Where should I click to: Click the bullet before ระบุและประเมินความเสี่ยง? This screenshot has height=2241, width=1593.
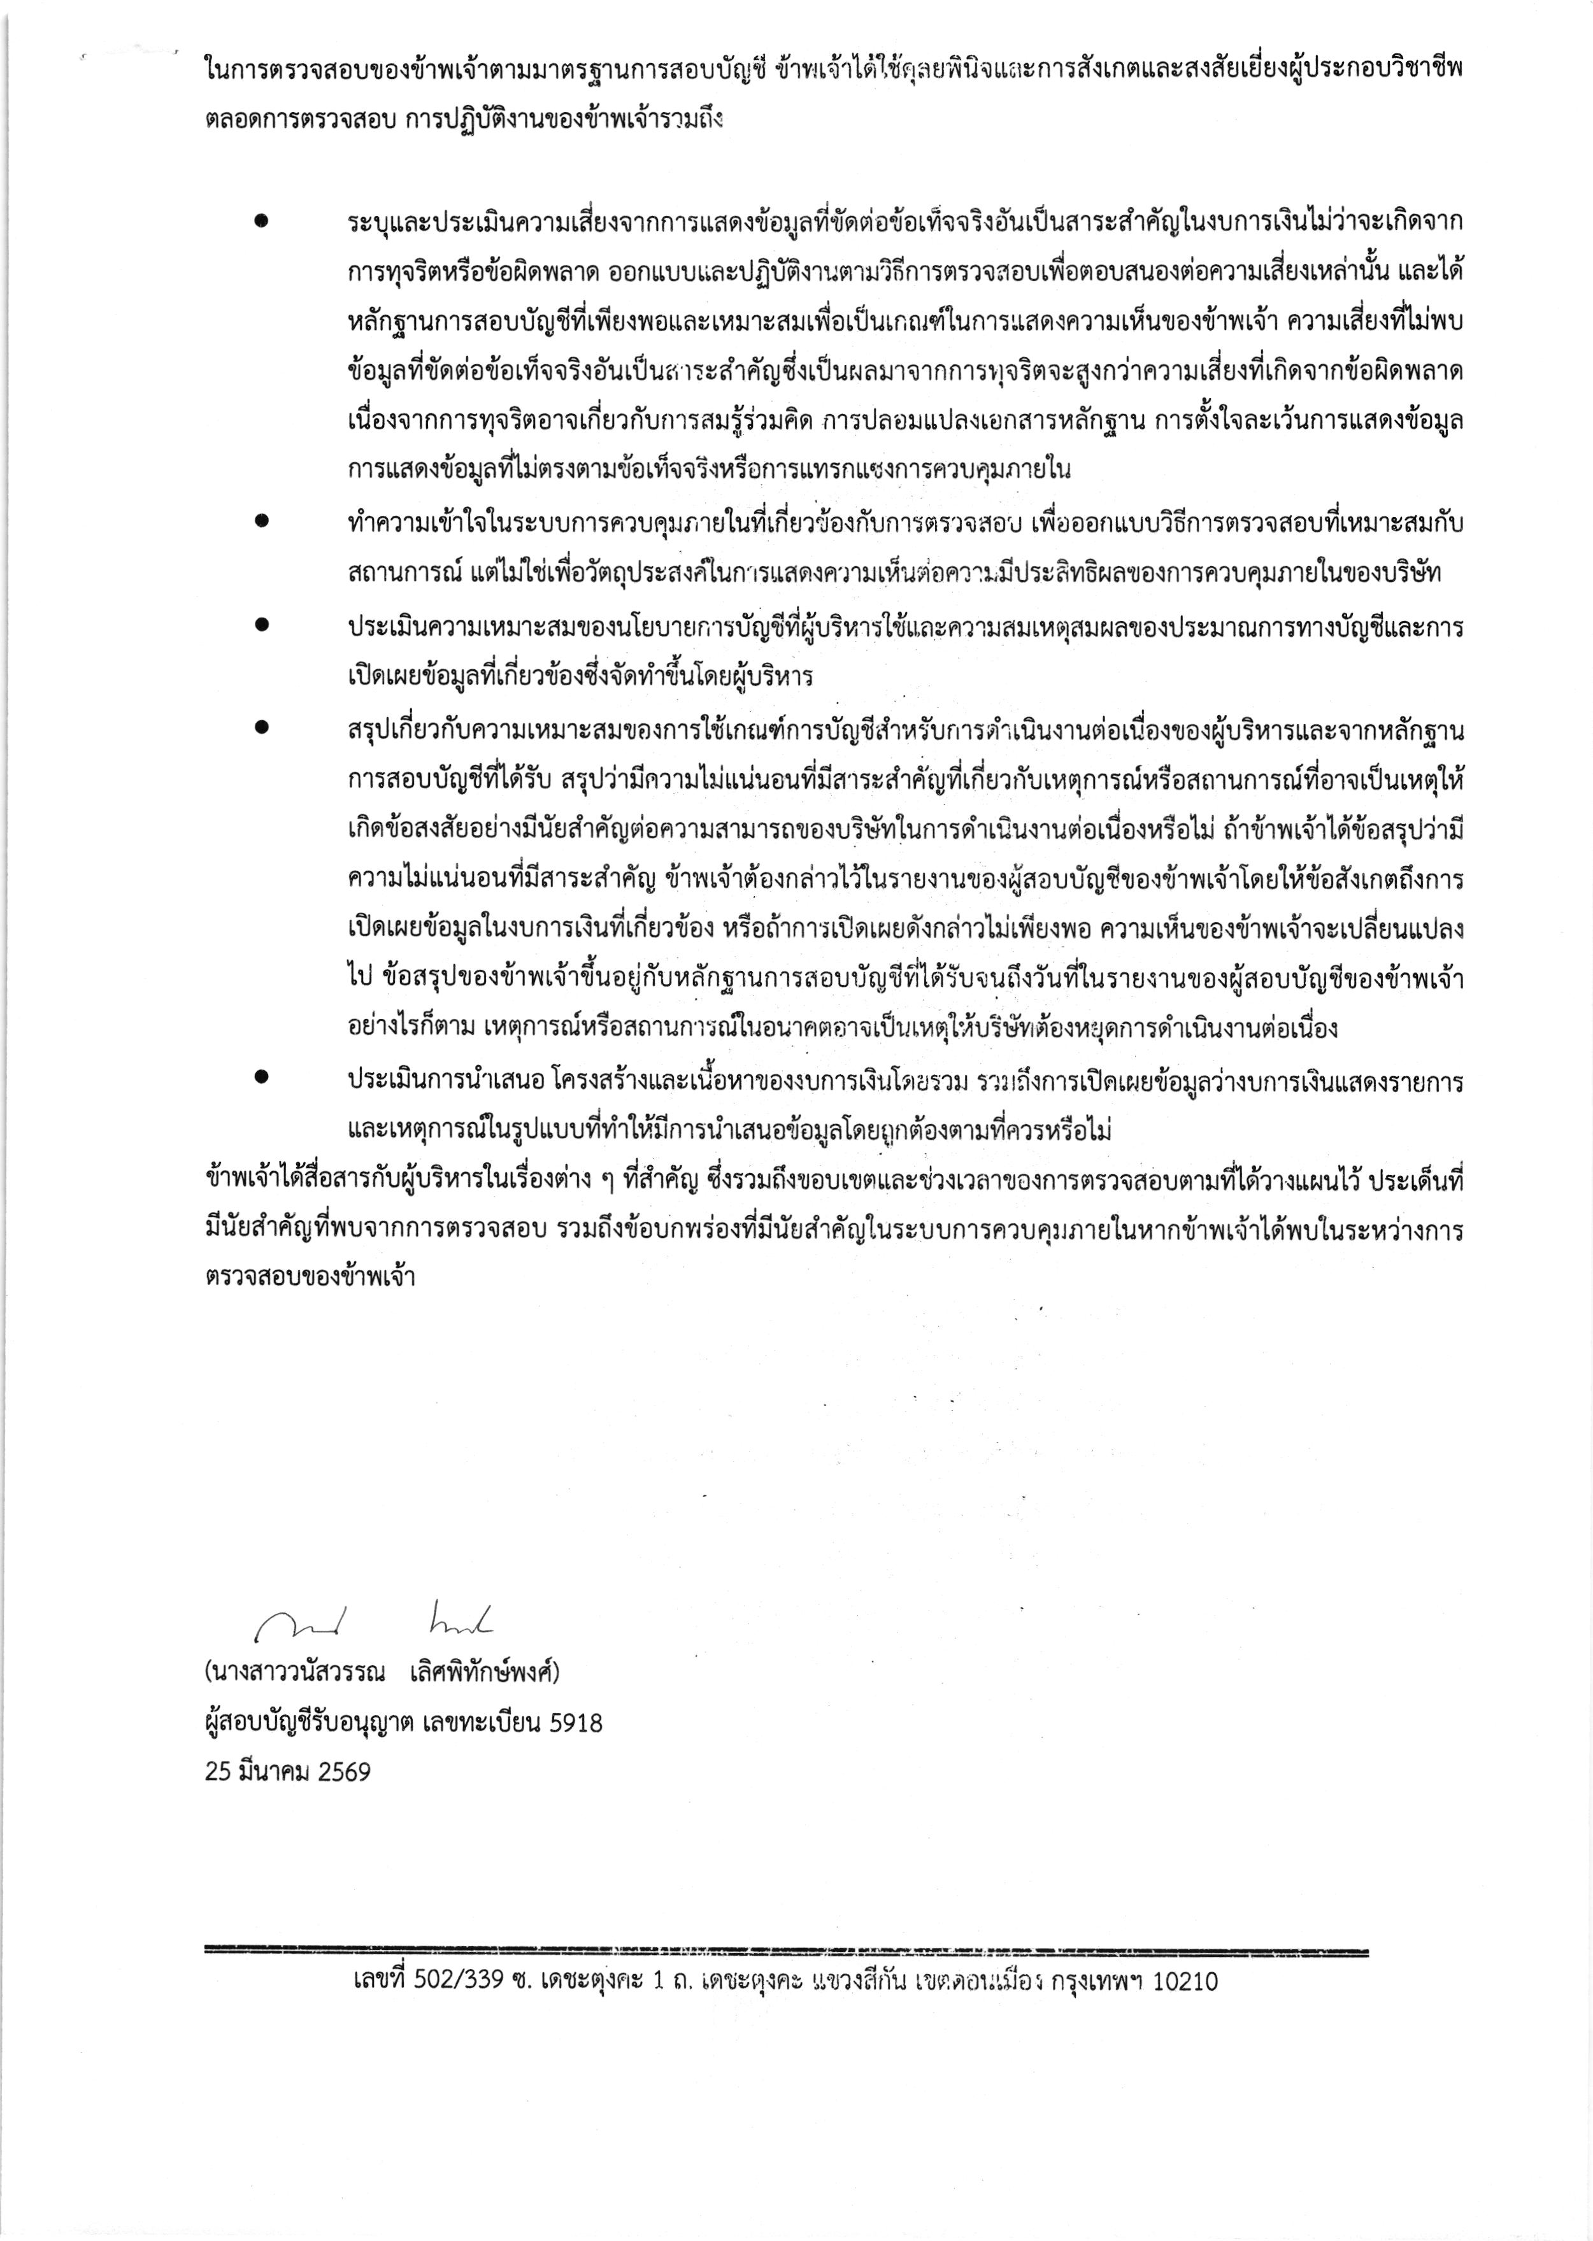pos(261,223)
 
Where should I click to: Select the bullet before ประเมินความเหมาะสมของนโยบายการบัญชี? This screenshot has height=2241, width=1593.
pos(261,623)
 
